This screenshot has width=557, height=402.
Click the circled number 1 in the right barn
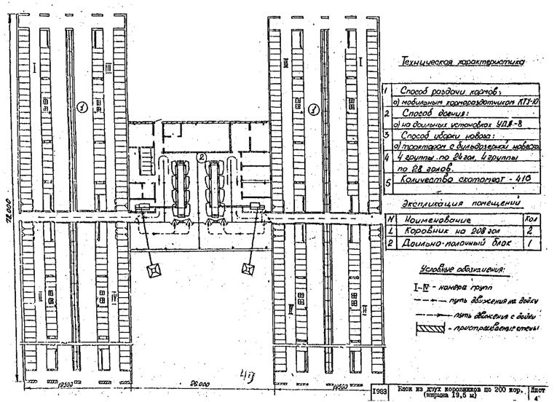pos(314,109)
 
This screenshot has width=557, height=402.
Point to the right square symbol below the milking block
pos(248,269)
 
